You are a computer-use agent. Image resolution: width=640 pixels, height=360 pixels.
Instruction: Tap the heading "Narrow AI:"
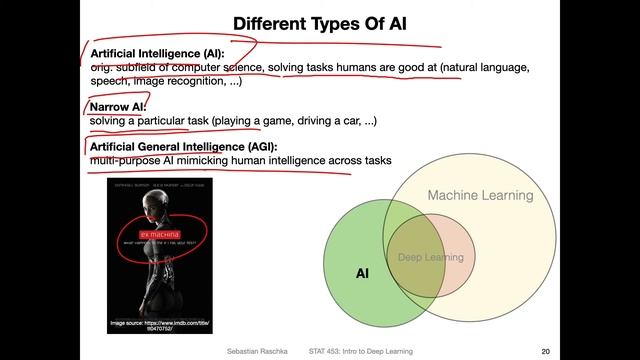click(x=118, y=106)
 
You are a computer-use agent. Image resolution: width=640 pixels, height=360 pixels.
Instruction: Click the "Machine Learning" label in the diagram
click(x=480, y=196)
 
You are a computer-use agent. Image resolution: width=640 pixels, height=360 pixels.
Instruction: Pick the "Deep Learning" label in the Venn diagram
click(x=431, y=258)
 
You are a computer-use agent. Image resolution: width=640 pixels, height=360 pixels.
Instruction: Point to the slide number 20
click(x=545, y=351)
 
